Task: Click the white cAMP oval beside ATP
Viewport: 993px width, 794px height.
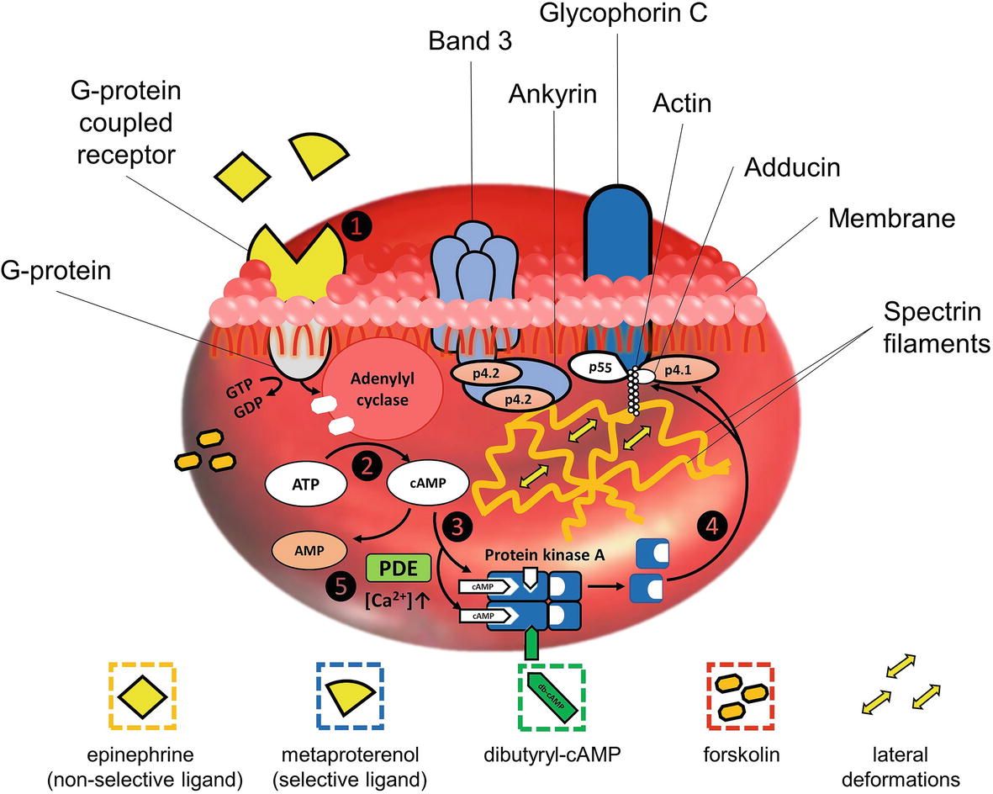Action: pos(429,484)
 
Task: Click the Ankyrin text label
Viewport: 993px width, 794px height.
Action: pos(552,93)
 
